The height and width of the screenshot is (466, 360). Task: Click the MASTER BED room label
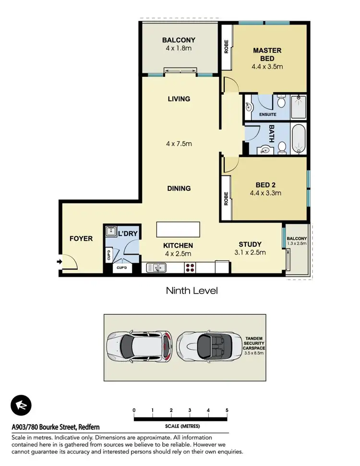[x=267, y=54]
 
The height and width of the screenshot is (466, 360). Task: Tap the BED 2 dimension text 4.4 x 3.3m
[x=265, y=193]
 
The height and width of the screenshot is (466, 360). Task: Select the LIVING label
[x=179, y=99]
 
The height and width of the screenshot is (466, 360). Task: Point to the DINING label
[x=179, y=188]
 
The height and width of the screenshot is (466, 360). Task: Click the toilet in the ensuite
[x=282, y=102]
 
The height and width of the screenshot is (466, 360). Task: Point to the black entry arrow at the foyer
[x=59, y=262]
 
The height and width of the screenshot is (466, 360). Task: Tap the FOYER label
[x=81, y=238]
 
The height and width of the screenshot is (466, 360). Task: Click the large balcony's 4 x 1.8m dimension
[x=178, y=49]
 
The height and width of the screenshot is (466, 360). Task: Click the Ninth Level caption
[x=192, y=291]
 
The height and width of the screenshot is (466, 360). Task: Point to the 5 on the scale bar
[x=227, y=410]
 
